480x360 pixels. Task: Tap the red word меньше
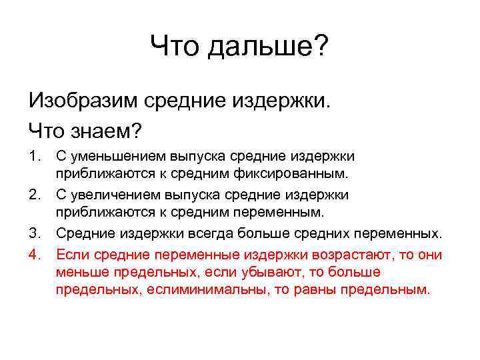pos(80,273)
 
